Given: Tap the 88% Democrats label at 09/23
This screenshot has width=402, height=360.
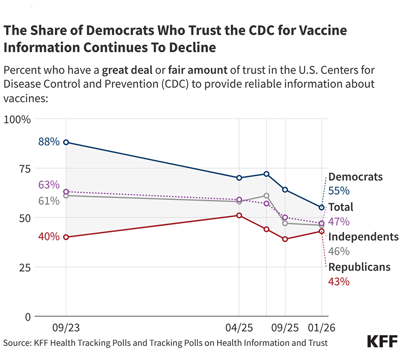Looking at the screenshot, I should pyautogui.click(x=49, y=142).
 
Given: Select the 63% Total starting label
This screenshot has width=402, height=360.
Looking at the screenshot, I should pyautogui.click(x=49, y=185).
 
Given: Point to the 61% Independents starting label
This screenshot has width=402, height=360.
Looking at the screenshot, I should pyautogui.click(x=49, y=201).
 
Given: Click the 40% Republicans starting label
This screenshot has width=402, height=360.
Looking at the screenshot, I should pyautogui.click(x=49, y=236).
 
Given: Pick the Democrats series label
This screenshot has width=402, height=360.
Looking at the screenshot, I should pyautogui.click(x=355, y=177).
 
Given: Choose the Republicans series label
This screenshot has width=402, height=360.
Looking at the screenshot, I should pyautogui.click(x=359, y=267).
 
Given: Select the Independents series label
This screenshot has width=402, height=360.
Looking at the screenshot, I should pyautogui.click(x=363, y=237).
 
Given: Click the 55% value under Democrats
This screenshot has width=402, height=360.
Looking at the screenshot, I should pyautogui.click(x=339, y=191).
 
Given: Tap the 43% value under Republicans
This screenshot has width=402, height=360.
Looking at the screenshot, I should pyautogui.click(x=339, y=282).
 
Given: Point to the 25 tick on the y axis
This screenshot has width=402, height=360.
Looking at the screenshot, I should pyautogui.click(x=23, y=268).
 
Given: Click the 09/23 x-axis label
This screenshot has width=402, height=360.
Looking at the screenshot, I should pyautogui.click(x=66, y=328).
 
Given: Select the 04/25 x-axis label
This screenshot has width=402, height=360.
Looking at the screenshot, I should pyautogui.click(x=239, y=328).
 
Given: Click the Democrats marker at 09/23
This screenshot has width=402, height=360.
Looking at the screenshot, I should pyautogui.click(x=66, y=143).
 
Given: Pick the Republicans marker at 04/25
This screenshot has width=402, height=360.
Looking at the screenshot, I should pyautogui.click(x=239, y=215).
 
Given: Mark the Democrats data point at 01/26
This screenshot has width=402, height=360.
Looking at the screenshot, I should pyautogui.click(x=322, y=207).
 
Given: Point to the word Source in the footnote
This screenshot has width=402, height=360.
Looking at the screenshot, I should pyautogui.click(x=18, y=342).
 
